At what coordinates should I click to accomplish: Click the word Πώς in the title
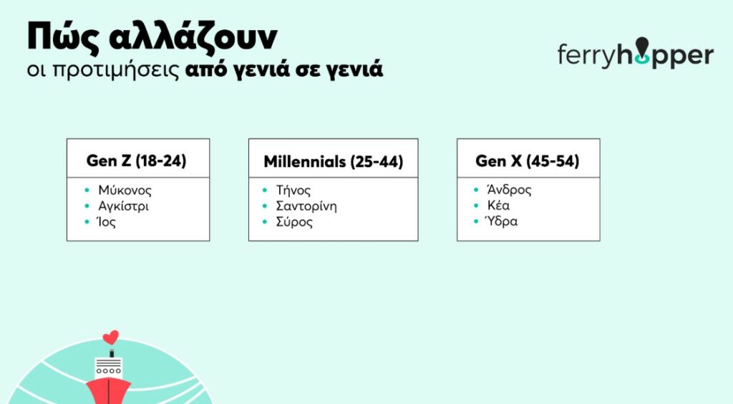click(x=63, y=37)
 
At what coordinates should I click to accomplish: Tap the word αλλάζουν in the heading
click(x=193, y=37)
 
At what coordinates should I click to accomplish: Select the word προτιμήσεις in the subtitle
click(x=115, y=70)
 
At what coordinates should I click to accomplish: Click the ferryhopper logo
click(x=636, y=54)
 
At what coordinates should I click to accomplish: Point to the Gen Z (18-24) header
click(x=137, y=161)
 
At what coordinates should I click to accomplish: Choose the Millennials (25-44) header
click(x=334, y=161)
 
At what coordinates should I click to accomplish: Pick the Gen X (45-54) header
click(x=528, y=161)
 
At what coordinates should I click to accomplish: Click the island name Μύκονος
click(x=125, y=191)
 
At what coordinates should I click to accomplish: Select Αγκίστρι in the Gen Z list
click(x=123, y=206)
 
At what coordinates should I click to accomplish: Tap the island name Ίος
click(x=106, y=221)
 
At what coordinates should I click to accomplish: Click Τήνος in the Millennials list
click(x=293, y=191)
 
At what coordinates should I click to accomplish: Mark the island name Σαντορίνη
click(x=306, y=206)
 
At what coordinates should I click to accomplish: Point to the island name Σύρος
click(x=294, y=221)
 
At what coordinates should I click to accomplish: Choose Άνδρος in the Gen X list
click(x=509, y=190)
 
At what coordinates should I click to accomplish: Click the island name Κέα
click(x=498, y=206)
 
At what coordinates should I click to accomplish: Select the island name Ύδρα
click(x=502, y=221)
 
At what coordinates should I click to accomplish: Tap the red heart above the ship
click(x=111, y=337)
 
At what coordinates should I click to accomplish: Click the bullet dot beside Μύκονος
click(x=87, y=191)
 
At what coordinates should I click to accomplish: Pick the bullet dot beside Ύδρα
click(x=476, y=221)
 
